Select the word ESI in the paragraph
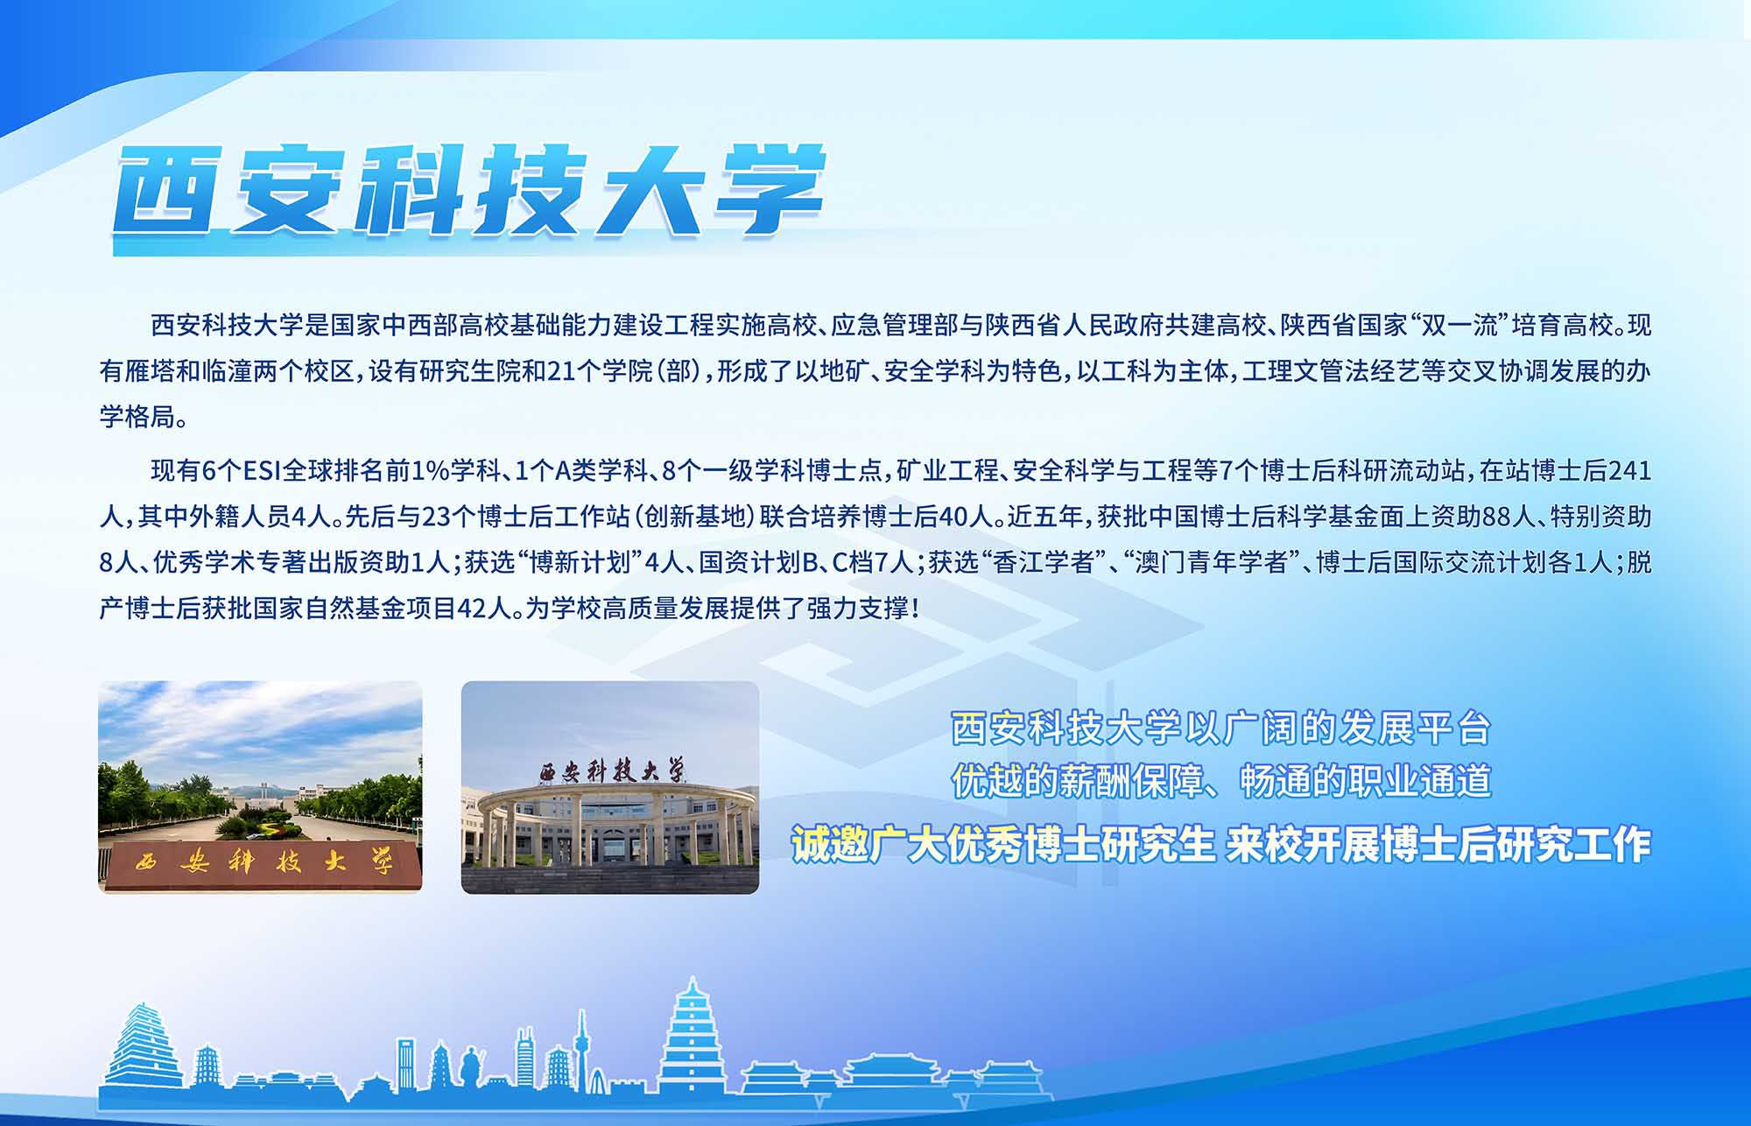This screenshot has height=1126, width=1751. (261, 471)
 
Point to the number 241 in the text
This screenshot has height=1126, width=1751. (1629, 471)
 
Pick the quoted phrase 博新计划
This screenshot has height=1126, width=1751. (580, 562)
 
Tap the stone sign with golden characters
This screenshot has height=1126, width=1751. (260, 863)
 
